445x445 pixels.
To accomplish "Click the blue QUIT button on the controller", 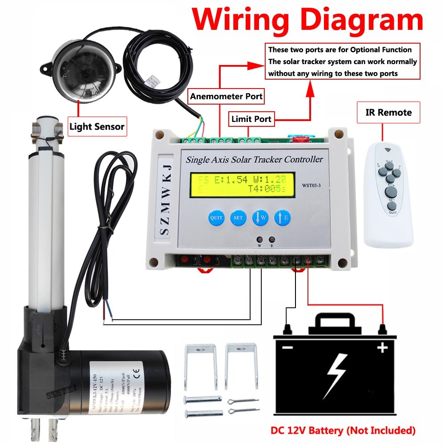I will [x=216, y=218].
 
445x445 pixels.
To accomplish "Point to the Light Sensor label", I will [x=97, y=127].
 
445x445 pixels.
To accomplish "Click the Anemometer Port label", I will [x=226, y=96].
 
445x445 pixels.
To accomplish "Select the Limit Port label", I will [x=251, y=119].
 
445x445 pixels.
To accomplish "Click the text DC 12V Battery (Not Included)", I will [x=343, y=430].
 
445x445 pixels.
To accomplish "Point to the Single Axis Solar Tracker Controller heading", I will [x=254, y=159].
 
